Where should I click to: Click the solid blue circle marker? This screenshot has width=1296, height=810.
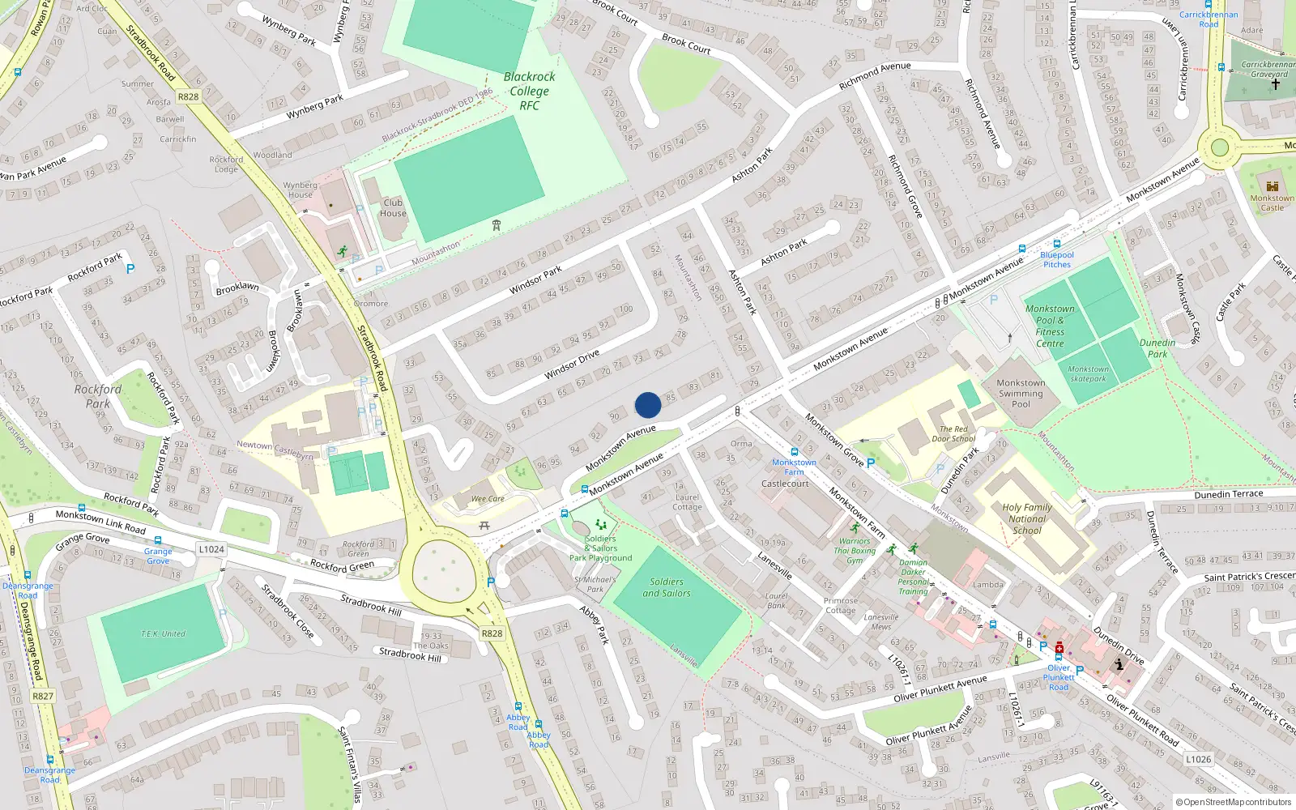pos(648,405)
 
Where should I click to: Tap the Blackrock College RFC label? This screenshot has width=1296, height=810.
pos(530,91)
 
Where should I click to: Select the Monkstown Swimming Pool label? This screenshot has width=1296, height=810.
pos(1021,393)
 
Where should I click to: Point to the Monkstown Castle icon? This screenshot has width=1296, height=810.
pos(1272,186)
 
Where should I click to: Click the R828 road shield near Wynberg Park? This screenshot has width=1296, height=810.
pos(188,96)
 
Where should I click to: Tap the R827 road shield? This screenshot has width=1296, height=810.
pos(43,696)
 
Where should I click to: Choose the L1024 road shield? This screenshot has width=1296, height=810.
pos(211,549)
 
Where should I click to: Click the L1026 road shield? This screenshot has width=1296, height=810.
pos(1198,759)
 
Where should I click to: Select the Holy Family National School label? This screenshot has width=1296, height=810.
pos(1027,519)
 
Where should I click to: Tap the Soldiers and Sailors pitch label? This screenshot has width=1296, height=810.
pos(667,587)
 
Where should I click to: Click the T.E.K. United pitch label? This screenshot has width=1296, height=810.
pos(163,633)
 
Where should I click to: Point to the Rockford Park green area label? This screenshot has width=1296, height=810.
pos(98,396)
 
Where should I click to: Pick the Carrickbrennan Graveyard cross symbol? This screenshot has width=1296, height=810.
pos(1275,84)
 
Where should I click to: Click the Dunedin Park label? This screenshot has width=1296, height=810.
pos(1157,348)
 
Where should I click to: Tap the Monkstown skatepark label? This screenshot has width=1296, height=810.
pos(1088,373)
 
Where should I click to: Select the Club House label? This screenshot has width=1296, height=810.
pos(393,208)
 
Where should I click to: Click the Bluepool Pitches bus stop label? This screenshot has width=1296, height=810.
pos(1057,259)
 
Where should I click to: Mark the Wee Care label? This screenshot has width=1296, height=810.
pos(488,499)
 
